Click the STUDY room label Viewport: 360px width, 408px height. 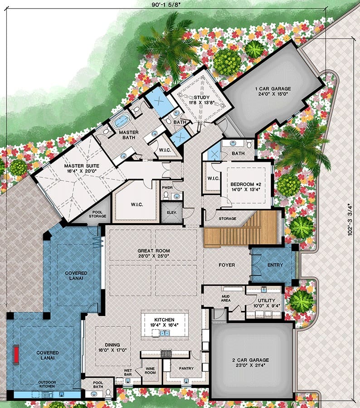(x=201, y=97)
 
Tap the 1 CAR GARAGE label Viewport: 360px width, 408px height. (x=273, y=89)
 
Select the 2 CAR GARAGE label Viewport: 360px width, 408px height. (x=250, y=360)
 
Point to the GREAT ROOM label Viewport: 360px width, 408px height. (x=154, y=251)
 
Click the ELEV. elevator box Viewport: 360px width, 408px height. (x=172, y=213)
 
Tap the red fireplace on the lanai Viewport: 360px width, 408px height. (x=16, y=354)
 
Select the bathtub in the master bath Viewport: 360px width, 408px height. (x=122, y=121)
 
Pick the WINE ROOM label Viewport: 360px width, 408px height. (x=150, y=370)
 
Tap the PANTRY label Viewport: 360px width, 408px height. (x=186, y=368)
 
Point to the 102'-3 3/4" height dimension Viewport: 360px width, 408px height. (x=350, y=219)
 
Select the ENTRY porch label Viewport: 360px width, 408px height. (x=275, y=265)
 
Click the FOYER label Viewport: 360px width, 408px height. (x=227, y=265)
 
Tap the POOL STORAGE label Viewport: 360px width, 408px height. (x=97, y=214)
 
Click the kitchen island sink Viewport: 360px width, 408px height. (x=164, y=333)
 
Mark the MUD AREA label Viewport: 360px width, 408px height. (x=226, y=298)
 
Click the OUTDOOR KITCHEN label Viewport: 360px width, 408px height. (x=47, y=384)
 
